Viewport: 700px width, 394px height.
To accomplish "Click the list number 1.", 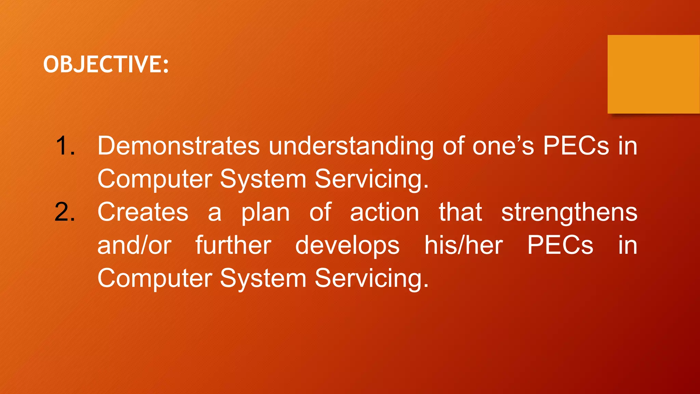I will [x=65, y=146].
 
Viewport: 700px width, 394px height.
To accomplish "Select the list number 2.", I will [x=65, y=212].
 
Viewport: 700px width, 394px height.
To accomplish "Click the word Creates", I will [x=143, y=212].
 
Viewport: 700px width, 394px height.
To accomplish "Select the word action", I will [x=385, y=212].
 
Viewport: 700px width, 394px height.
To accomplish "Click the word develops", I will [x=347, y=246].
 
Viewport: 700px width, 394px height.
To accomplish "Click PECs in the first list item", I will [x=576, y=146].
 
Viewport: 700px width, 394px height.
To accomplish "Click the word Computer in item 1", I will [x=154, y=179].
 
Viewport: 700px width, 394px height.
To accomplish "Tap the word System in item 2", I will [x=263, y=278].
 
